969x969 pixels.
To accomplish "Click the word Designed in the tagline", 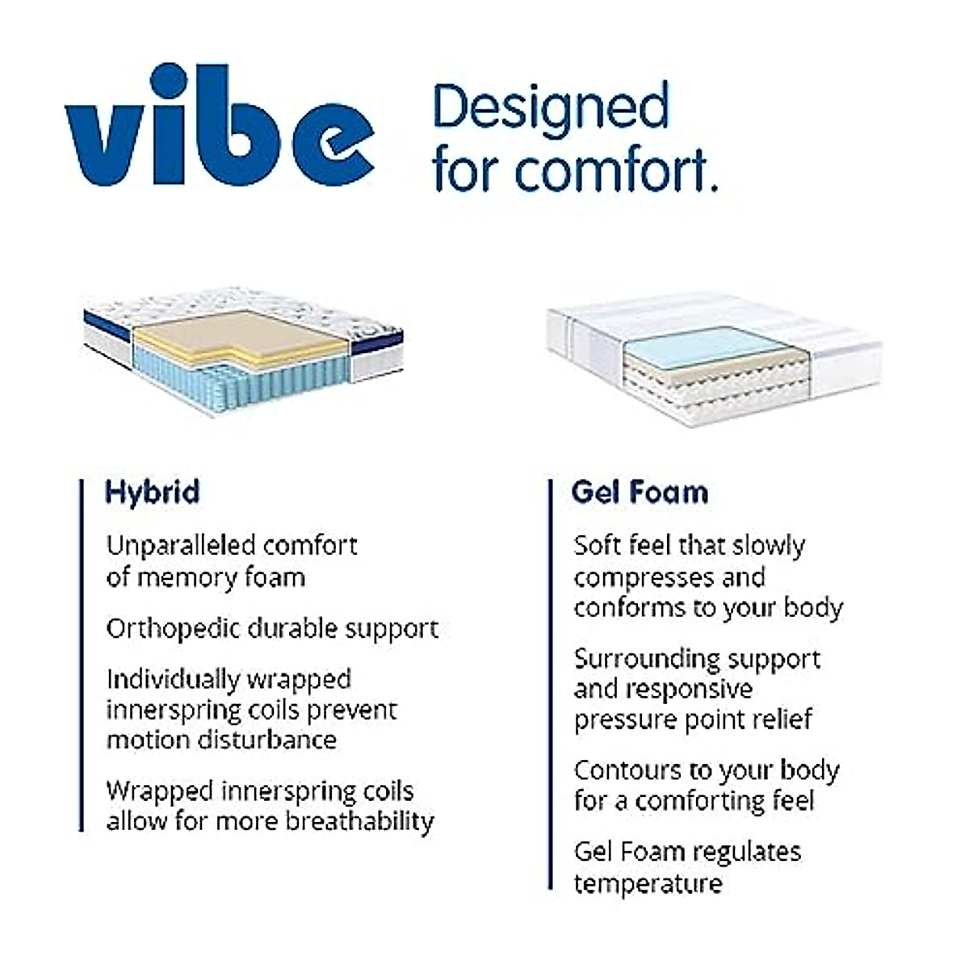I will (x=552, y=107).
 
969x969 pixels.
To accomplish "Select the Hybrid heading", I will (x=153, y=492).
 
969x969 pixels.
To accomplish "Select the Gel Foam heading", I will (x=640, y=492).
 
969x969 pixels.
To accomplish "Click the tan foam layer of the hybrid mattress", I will (x=234, y=333).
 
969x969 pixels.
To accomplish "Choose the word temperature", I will (x=648, y=883).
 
